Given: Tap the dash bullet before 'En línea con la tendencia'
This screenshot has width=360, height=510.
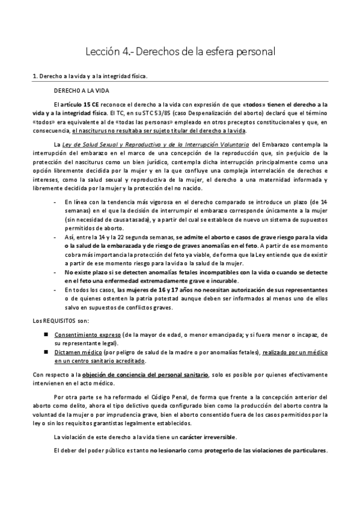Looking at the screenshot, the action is tap(55, 201).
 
